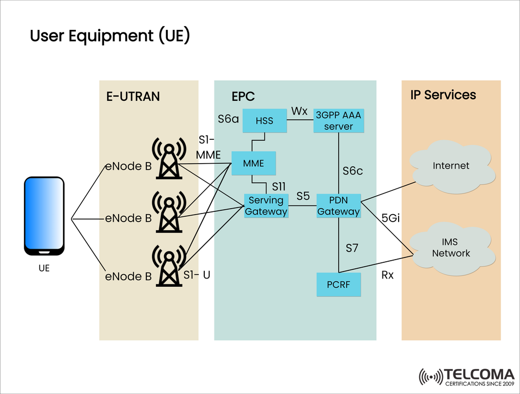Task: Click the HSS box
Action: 265,120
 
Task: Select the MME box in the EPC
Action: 253,163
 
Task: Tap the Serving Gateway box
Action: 265,206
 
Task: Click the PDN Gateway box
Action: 339,206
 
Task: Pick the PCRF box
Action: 339,285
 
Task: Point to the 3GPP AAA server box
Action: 339,120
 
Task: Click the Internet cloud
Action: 451,166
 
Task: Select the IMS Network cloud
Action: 451,248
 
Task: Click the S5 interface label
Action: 303,196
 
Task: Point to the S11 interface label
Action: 279,186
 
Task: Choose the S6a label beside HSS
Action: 228,118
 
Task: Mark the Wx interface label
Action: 299,111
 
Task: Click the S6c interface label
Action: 353,171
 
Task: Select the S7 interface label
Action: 352,248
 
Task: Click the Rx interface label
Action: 387,275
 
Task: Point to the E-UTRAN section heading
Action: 133,96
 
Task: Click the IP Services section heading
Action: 443,95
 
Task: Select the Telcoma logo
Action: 466,377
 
